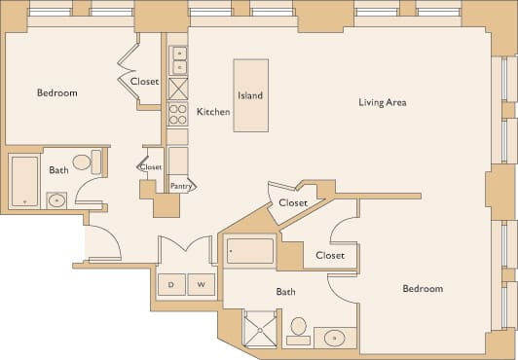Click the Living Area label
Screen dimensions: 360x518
382,102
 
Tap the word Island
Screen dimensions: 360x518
250,96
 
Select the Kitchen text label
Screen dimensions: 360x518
213,112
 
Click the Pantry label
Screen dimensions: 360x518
180,186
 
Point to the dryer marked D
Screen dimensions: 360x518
171,285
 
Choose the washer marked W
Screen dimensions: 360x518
202,285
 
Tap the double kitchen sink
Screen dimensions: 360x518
178,59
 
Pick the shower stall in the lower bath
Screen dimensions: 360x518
260,328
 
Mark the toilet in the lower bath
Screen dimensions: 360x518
299,329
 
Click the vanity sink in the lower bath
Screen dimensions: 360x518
335,338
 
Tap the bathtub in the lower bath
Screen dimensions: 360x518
250,251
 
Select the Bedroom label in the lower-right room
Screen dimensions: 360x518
423,289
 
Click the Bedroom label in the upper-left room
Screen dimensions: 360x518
56,93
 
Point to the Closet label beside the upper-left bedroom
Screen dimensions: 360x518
145,82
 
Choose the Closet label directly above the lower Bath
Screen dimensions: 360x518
330,255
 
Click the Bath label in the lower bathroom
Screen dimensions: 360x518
285,291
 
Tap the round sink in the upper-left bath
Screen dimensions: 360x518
55,201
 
